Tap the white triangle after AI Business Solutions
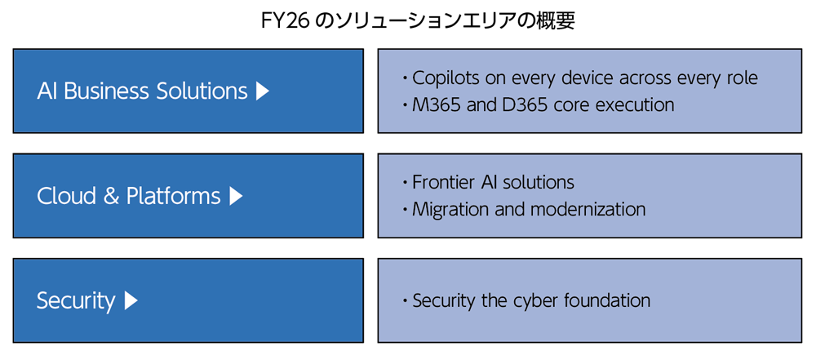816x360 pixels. [x=262, y=91]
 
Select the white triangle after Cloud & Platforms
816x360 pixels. [x=236, y=196]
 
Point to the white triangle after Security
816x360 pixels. [x=131, y=301]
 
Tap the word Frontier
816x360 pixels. [x=441, y=182]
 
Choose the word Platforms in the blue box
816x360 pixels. [x=173, y=197]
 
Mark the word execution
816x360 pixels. [x=635, y=105]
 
